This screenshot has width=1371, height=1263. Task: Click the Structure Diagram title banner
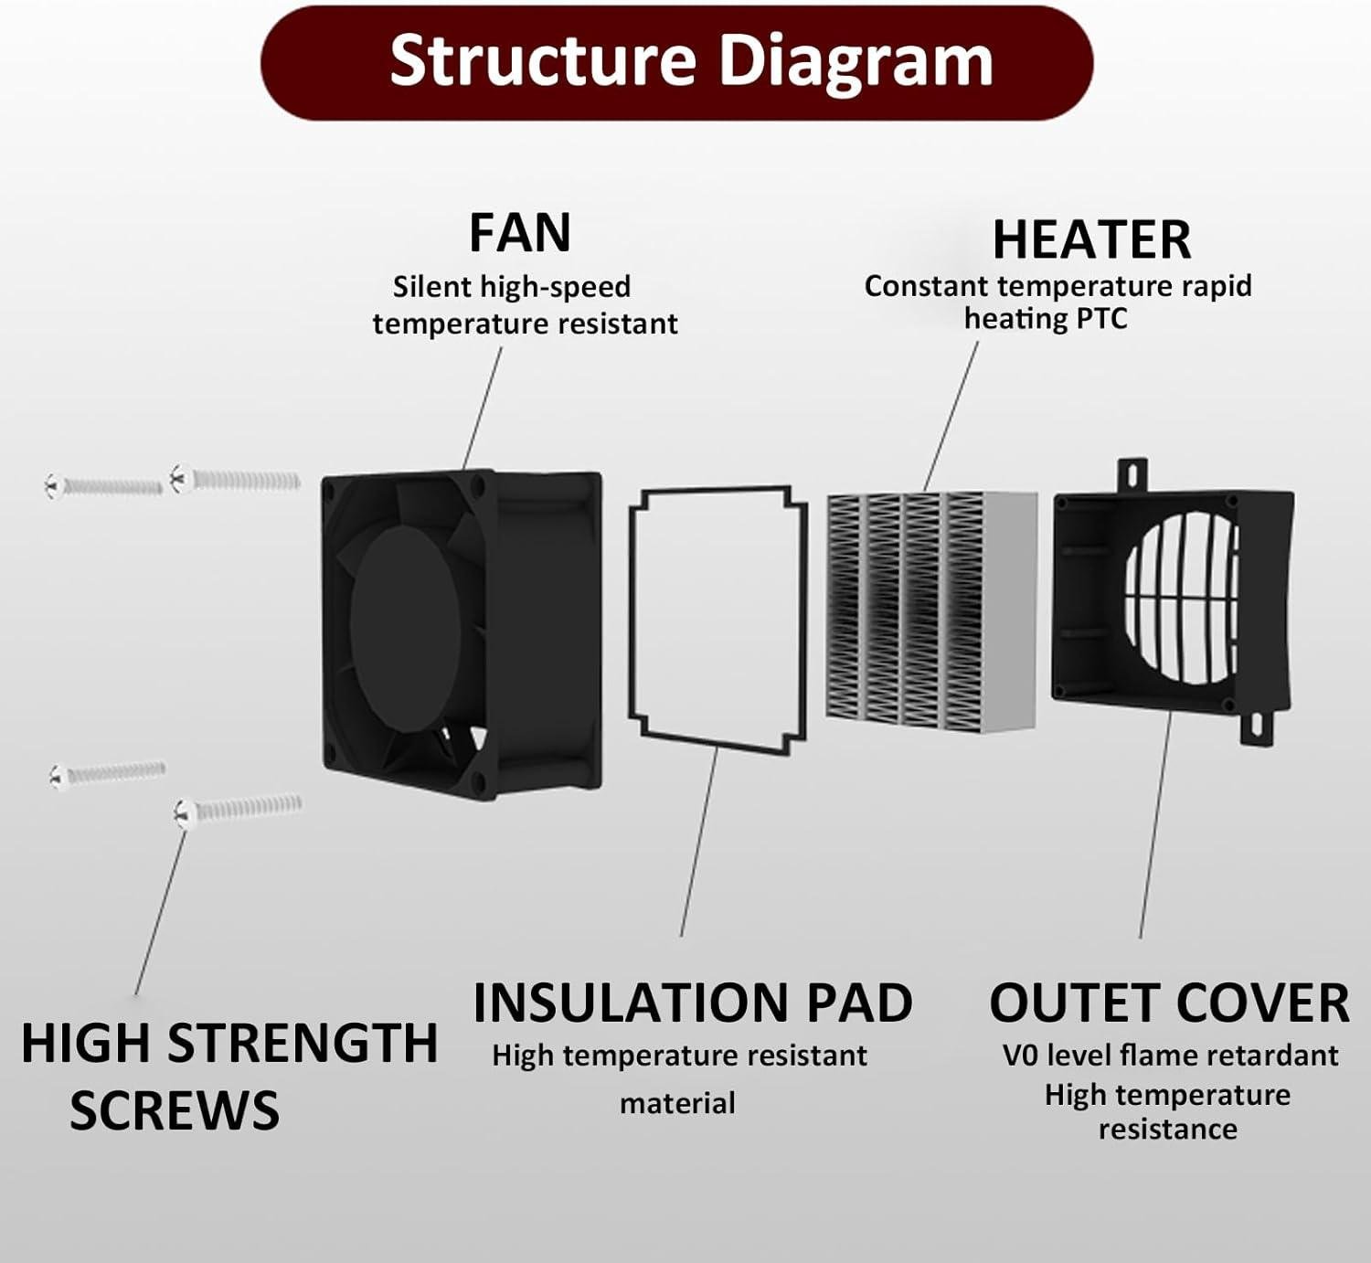point(677,62)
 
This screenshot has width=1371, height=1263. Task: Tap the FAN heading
point(519,232)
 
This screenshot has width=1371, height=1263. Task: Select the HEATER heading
point(1091,239)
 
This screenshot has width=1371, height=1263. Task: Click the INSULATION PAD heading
point(692,1003)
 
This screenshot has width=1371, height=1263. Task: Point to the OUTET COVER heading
point(1168,1003)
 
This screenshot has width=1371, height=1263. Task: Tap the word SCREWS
point(174,1110)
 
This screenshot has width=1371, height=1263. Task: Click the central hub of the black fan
point(405,618)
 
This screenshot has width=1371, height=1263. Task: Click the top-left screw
point(102,484)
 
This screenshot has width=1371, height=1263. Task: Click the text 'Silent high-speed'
point(511,287)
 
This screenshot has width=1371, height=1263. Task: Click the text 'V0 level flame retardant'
point(1169,1056)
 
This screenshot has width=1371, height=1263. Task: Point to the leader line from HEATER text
point(951,416)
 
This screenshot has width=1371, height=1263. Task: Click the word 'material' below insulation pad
point(676,1103)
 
